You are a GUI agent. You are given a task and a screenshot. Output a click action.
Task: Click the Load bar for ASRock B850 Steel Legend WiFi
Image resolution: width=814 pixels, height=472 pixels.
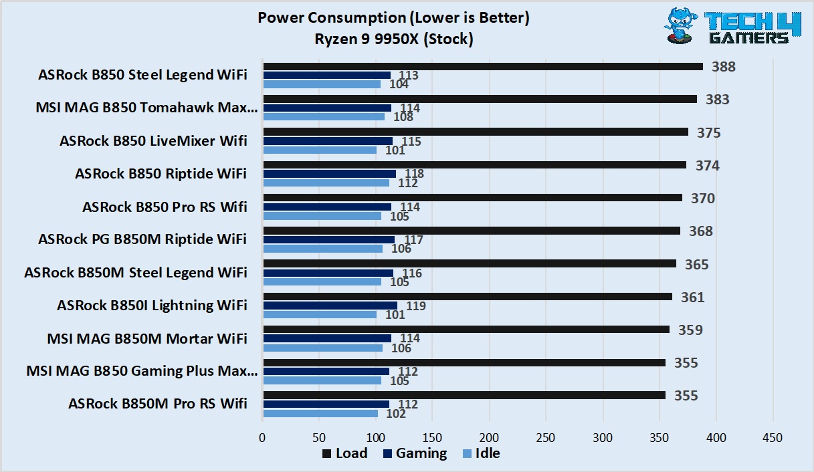pyautogui.click(x=483, y=66)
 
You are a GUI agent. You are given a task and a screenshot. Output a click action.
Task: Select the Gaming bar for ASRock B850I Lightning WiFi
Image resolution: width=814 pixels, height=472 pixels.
pyautogui.click(x=330, y=306)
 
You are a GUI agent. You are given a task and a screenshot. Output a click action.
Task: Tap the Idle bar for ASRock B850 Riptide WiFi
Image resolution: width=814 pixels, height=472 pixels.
pyautogui.click(x=326, y=183)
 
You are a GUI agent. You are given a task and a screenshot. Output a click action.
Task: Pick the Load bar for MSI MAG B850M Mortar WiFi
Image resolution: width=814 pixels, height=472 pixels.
pyautogui.click(x=466, y=329)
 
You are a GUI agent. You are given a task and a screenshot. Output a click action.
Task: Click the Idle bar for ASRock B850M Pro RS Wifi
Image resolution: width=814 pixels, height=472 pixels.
pyautogui.click(x=320, y=413)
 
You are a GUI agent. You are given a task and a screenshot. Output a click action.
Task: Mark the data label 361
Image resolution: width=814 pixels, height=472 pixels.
pyautogui.click(x=693, y=297)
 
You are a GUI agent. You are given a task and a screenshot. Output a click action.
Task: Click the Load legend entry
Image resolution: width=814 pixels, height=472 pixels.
pyautogui.click(x=344, y=453)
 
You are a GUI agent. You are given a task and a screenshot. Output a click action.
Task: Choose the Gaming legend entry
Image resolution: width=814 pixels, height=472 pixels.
pyautogui.click(x=415, y=453)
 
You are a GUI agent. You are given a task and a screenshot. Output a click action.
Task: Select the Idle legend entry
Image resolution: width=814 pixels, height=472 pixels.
pyautogui.click(x=481, y=453)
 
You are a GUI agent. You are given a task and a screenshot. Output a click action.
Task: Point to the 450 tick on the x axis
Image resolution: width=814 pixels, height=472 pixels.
pyautogui.click(x=773, y=437)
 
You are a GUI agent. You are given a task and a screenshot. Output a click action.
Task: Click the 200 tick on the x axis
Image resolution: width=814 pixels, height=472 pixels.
pyautogui.click(x=489, y=437)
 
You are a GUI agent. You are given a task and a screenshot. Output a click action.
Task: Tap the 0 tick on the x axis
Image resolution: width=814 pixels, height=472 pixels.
pyautogui.click(x=262, y=437)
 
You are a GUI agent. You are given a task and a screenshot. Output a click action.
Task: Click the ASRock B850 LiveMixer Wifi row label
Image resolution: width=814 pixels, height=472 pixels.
pyautogui.click(x=153, y=141)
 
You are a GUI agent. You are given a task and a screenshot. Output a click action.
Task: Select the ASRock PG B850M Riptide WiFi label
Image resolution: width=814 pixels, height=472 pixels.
pyautogui.click(x=142, y=239)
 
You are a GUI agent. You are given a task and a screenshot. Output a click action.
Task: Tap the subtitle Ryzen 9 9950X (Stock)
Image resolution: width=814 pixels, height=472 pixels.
pyautogui.click(x=393, y=39)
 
